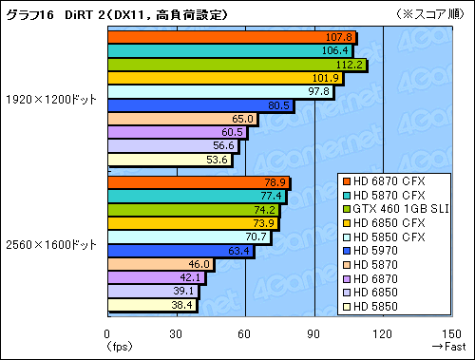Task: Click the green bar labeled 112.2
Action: [237, 65]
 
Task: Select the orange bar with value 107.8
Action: [232, 37]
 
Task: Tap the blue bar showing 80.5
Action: [200, 105]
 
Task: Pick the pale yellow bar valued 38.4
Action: [152, 305]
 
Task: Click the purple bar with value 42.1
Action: [157, 277]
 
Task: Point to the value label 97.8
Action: [319, 91]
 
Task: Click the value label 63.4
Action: [238, 251]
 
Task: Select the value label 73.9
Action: [264, 223]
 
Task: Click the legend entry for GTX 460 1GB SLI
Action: [396, 209]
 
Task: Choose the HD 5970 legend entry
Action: [370, 251]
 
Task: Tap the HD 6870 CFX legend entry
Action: [384, 181]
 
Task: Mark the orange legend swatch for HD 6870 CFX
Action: [347, 181]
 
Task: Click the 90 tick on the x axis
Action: [313, 334]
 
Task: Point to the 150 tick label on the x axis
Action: [451, 334]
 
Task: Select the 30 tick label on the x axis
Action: [176, 334]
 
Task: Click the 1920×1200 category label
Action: [51, 100]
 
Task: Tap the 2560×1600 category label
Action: [51, 245]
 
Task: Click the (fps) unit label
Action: [119, 347]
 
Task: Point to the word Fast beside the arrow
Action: [455, 347]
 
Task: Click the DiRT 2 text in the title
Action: [85, 15]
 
